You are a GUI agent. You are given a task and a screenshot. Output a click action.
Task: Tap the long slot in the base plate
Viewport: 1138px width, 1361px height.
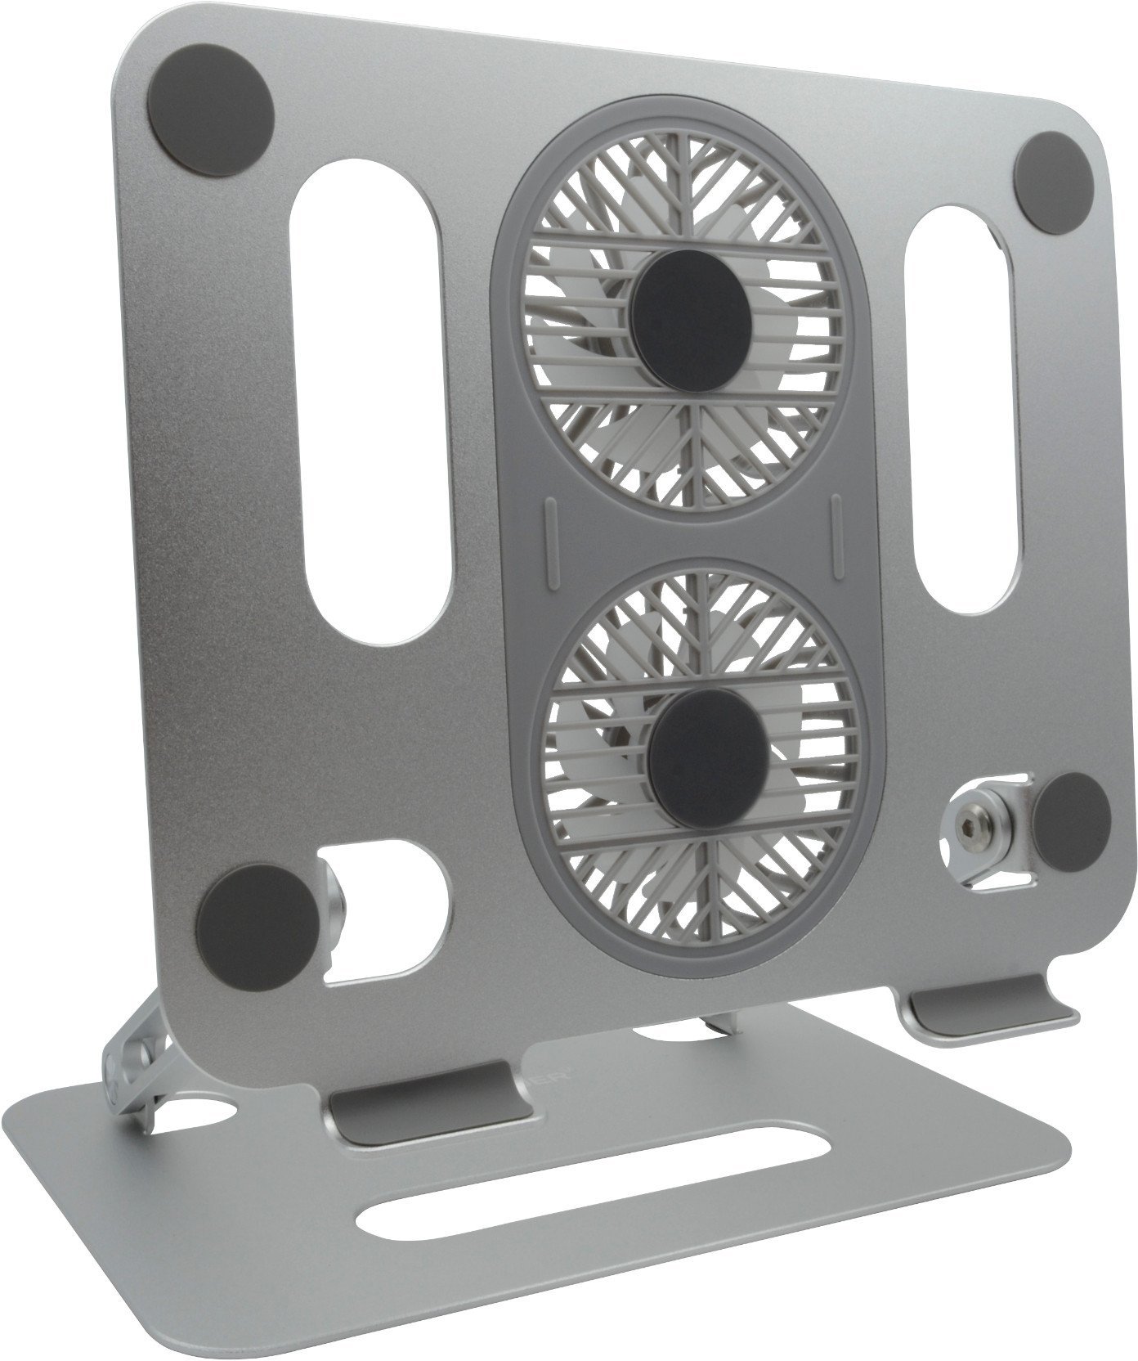[x=589, y=1198]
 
